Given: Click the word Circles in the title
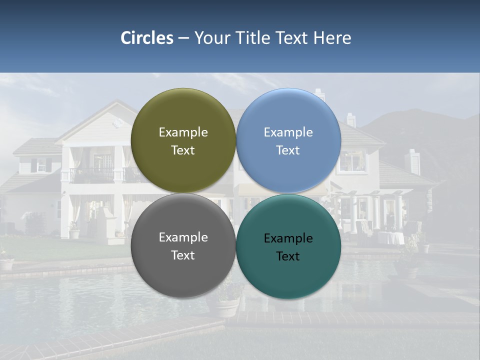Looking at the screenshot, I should pos(147,38).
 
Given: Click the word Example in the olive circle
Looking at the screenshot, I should pos(183,132).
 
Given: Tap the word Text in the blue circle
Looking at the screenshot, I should pos(288,150).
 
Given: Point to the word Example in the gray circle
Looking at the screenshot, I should pos(183,237).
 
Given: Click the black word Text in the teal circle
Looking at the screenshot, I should pos(288,256).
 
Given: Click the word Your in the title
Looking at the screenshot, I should pos(211,38).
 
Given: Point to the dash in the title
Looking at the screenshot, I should pos(183,38).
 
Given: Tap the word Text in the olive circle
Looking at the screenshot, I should pos(183,150).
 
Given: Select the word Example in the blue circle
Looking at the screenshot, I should pos(288,132).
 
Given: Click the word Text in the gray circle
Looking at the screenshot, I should pos(183,255).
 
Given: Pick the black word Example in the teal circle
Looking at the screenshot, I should pos(288,238).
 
